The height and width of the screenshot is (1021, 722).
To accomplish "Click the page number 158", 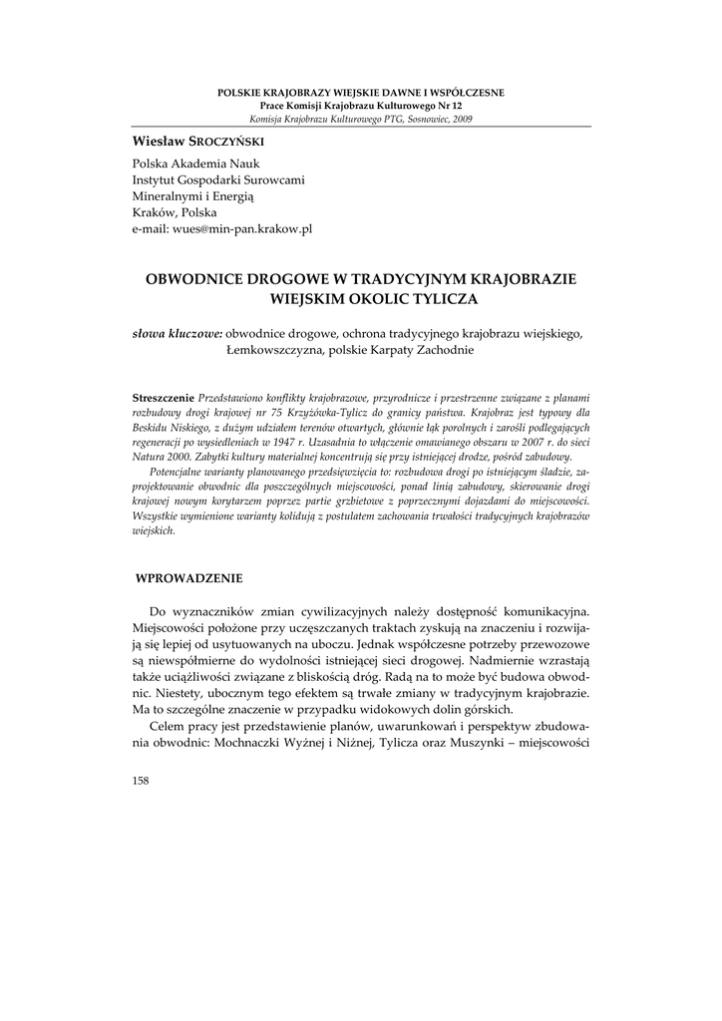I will (x=141, y=781).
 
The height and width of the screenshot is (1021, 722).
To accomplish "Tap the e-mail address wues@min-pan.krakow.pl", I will (x=222, y=228).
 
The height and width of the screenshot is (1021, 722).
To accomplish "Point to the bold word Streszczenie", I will (x=165, y=397).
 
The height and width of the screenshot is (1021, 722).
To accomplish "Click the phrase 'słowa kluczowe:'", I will (x=178, y=334).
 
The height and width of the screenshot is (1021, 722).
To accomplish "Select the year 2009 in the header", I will (x=462, y=119).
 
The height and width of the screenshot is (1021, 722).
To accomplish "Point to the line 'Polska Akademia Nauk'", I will (x=191, y=163).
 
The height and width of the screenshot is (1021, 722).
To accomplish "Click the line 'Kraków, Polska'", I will (x=175, y=212).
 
